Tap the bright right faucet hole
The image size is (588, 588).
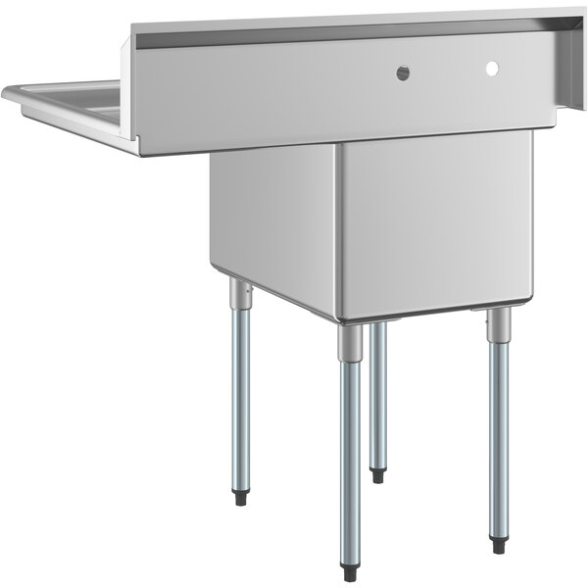point(492,68)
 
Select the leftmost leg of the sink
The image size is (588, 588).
point(239,392)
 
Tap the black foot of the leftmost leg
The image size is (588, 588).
point(240,499)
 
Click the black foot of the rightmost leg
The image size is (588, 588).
point(499,546)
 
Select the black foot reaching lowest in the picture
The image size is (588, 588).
point(350,574)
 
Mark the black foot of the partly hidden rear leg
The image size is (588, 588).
point(377,476)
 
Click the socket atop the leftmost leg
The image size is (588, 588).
point(238,292)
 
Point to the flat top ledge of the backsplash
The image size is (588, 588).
point(343,21)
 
